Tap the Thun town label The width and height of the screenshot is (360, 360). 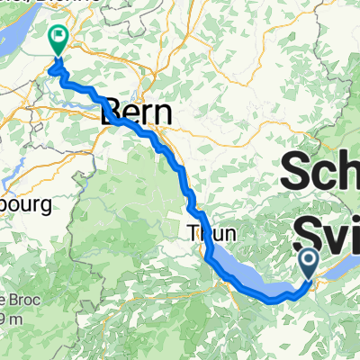211,232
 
